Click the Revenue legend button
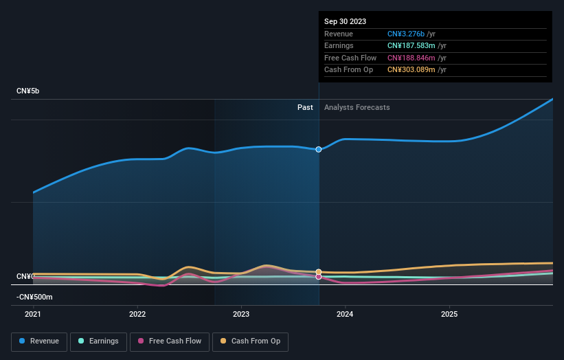click(39, 341)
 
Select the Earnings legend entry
click(98, 341)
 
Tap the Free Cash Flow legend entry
click(170, 341)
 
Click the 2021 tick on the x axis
click(33, 314)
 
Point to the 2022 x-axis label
click(137, 314)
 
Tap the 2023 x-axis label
click(241, 314)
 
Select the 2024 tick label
click(345, 314)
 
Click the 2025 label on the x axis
click(449, 314)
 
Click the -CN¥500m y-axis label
click(34, 297)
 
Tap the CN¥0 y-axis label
click(25, 276)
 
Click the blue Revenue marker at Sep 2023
click(319, 149)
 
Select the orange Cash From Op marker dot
click(319, 272)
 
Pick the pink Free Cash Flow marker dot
click(319, 277)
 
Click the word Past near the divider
click(305, 107)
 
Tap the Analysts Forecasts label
click(357, 107)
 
